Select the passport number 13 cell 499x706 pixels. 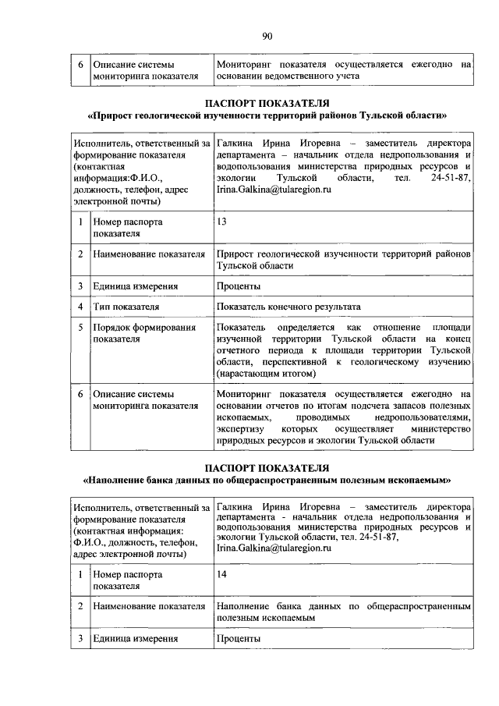coord(222,222)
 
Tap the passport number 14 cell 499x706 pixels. coord(222,574)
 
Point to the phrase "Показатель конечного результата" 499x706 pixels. coord(288,307)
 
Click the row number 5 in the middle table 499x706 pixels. coord(80,328)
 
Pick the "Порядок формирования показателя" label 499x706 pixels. coord(143,334)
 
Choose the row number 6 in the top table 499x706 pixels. coord(80,65)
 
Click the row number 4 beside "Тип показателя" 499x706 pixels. coord(80,307)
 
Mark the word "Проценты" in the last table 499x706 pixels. coord(239,639)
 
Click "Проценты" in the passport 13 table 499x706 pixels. coord(239,286)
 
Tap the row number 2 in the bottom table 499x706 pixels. coord(80,606)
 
